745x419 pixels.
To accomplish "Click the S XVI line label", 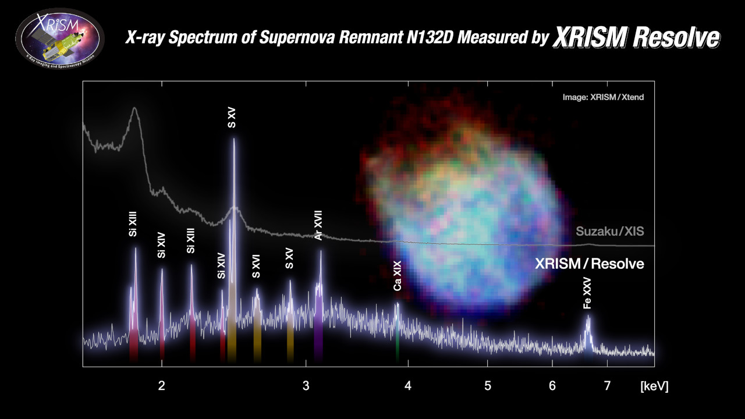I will pyautogui.click(x=256, y=267).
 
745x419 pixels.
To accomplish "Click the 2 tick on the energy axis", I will pyautogui.click(x=162, y=385).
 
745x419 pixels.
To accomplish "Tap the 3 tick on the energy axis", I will pyautogui.click(x=306, y=385).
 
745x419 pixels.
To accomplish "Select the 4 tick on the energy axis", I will pyautogui.click(x=408, y=385).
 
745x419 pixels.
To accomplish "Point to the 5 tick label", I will pyautogui.click(x=488, y=385).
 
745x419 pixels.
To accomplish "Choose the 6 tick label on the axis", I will pyautogui.click(x=552, y=385).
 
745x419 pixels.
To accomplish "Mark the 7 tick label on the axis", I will pyautogui.click(x=607, y=385).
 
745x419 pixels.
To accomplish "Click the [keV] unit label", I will pyautogui.click(x=654, y=386).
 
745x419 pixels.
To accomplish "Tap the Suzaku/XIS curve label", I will pyautogui.click(x=609, y=232).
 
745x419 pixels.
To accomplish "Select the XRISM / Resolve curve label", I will pyautogui.click(x=589, y=264).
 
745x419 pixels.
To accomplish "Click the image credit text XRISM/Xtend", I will pyautogui.click(x=602, y=97).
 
